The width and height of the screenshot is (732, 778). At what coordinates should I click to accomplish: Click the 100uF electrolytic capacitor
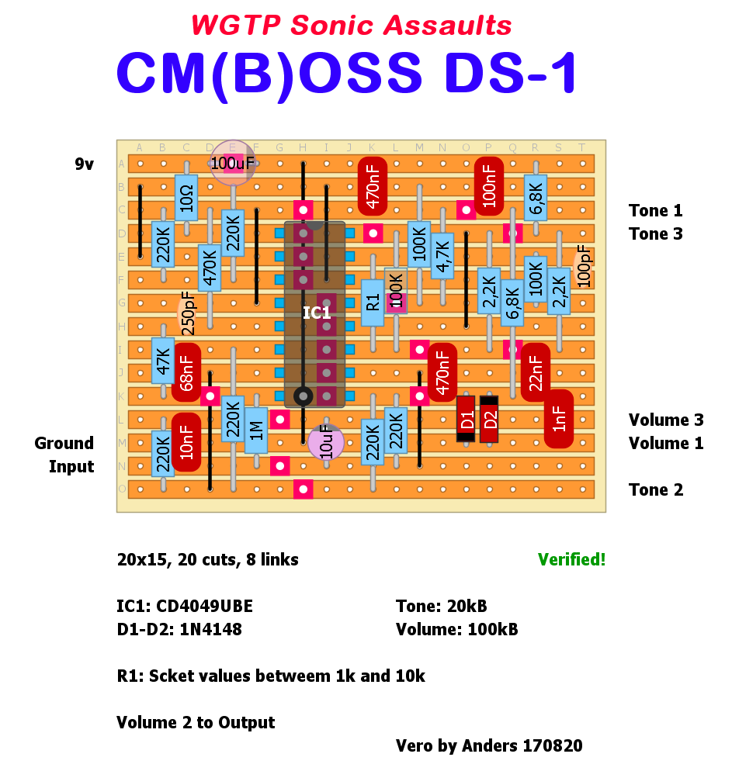point(233,163)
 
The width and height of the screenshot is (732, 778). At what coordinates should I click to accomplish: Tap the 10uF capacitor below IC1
point(326,442)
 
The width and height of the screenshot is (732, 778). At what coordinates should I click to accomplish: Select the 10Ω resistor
point(186,198)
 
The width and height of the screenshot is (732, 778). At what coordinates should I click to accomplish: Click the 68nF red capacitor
point(186,372)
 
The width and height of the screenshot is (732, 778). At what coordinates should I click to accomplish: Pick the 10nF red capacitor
point(186,442)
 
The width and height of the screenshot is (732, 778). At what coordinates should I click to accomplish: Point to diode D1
point(466,419)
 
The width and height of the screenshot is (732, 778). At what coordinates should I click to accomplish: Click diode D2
point(489,419)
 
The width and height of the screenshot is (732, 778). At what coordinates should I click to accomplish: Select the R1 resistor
point(373,303)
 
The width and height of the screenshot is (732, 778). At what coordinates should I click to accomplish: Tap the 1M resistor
point(256,430)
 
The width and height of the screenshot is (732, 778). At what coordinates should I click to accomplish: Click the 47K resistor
point(163,361)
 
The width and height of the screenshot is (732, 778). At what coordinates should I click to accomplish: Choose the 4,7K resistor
point(442,256)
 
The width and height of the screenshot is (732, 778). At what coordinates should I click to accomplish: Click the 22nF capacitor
point(536,372)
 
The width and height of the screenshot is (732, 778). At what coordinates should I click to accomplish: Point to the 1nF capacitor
point(559,419)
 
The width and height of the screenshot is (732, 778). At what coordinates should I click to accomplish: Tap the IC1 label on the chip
point(317,313)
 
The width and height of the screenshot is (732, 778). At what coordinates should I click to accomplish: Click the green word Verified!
point(571,559)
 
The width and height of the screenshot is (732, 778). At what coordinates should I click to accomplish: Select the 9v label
point(84,164)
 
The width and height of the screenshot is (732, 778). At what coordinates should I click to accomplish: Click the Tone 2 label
point(655,489)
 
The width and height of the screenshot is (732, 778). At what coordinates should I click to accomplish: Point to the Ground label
point(64,443)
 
